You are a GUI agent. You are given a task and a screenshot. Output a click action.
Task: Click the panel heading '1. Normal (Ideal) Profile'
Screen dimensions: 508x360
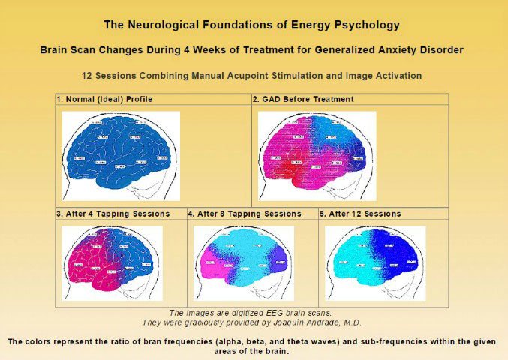click(x=104, y=99)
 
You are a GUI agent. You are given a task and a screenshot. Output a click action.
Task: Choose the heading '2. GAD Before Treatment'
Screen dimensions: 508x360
click(x=303, y=99)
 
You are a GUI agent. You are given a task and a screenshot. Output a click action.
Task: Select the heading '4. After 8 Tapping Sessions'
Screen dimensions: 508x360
click(x=245, y=214)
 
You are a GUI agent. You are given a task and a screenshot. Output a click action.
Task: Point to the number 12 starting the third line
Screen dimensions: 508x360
click(x=88, y=76)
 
